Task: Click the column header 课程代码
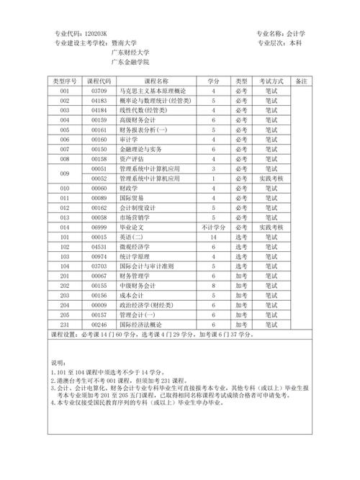point(99,81)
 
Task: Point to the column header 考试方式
point(273,81)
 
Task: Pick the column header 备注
point(302,81)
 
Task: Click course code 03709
point(99,91)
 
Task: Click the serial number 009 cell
point(65,173)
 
